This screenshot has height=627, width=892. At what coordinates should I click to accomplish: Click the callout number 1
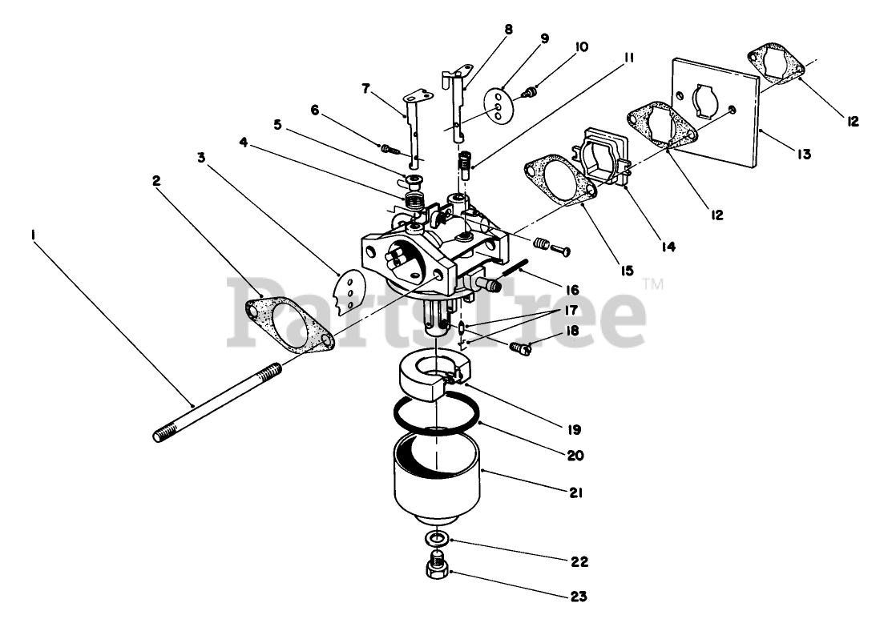33,234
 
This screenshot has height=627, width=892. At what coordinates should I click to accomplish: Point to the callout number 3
201,158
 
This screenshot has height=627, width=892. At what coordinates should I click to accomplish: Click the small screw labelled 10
529,93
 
